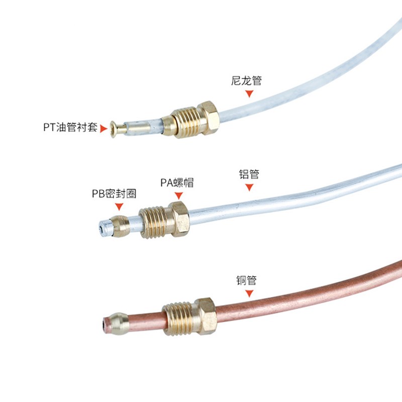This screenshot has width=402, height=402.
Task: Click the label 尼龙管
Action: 246,80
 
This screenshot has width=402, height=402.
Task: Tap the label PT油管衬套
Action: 70,128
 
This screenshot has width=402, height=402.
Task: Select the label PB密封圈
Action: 114,193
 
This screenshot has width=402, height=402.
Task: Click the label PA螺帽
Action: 177,182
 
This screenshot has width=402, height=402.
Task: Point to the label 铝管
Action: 249,175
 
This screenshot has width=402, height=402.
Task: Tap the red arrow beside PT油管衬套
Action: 104,129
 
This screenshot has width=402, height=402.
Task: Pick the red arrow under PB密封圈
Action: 119,207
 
